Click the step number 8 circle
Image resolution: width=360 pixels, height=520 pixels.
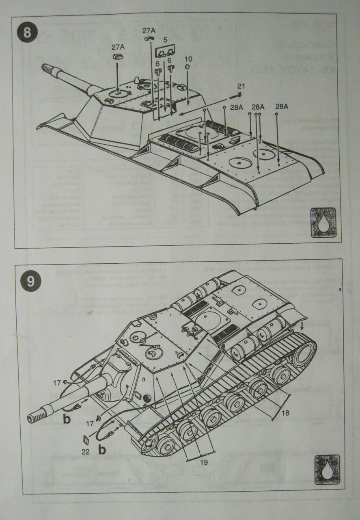[x=27, y=33]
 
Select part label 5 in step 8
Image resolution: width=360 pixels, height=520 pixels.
[x=165, y=41]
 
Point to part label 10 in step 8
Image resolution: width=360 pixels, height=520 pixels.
[x=188, y=59]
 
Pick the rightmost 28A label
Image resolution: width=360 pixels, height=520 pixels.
[x=281, y=106]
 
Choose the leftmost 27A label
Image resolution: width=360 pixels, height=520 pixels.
[x=118, y=48]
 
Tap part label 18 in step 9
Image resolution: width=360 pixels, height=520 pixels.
[x=285, y=413]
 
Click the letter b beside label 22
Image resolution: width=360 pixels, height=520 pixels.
[x=102, y=450]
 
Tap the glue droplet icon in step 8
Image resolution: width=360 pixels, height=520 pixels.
[x=323, y=222]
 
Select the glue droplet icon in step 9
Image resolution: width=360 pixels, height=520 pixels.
[x=326, y=469]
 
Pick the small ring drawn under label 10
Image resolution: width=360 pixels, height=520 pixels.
[x=188, y=67]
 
